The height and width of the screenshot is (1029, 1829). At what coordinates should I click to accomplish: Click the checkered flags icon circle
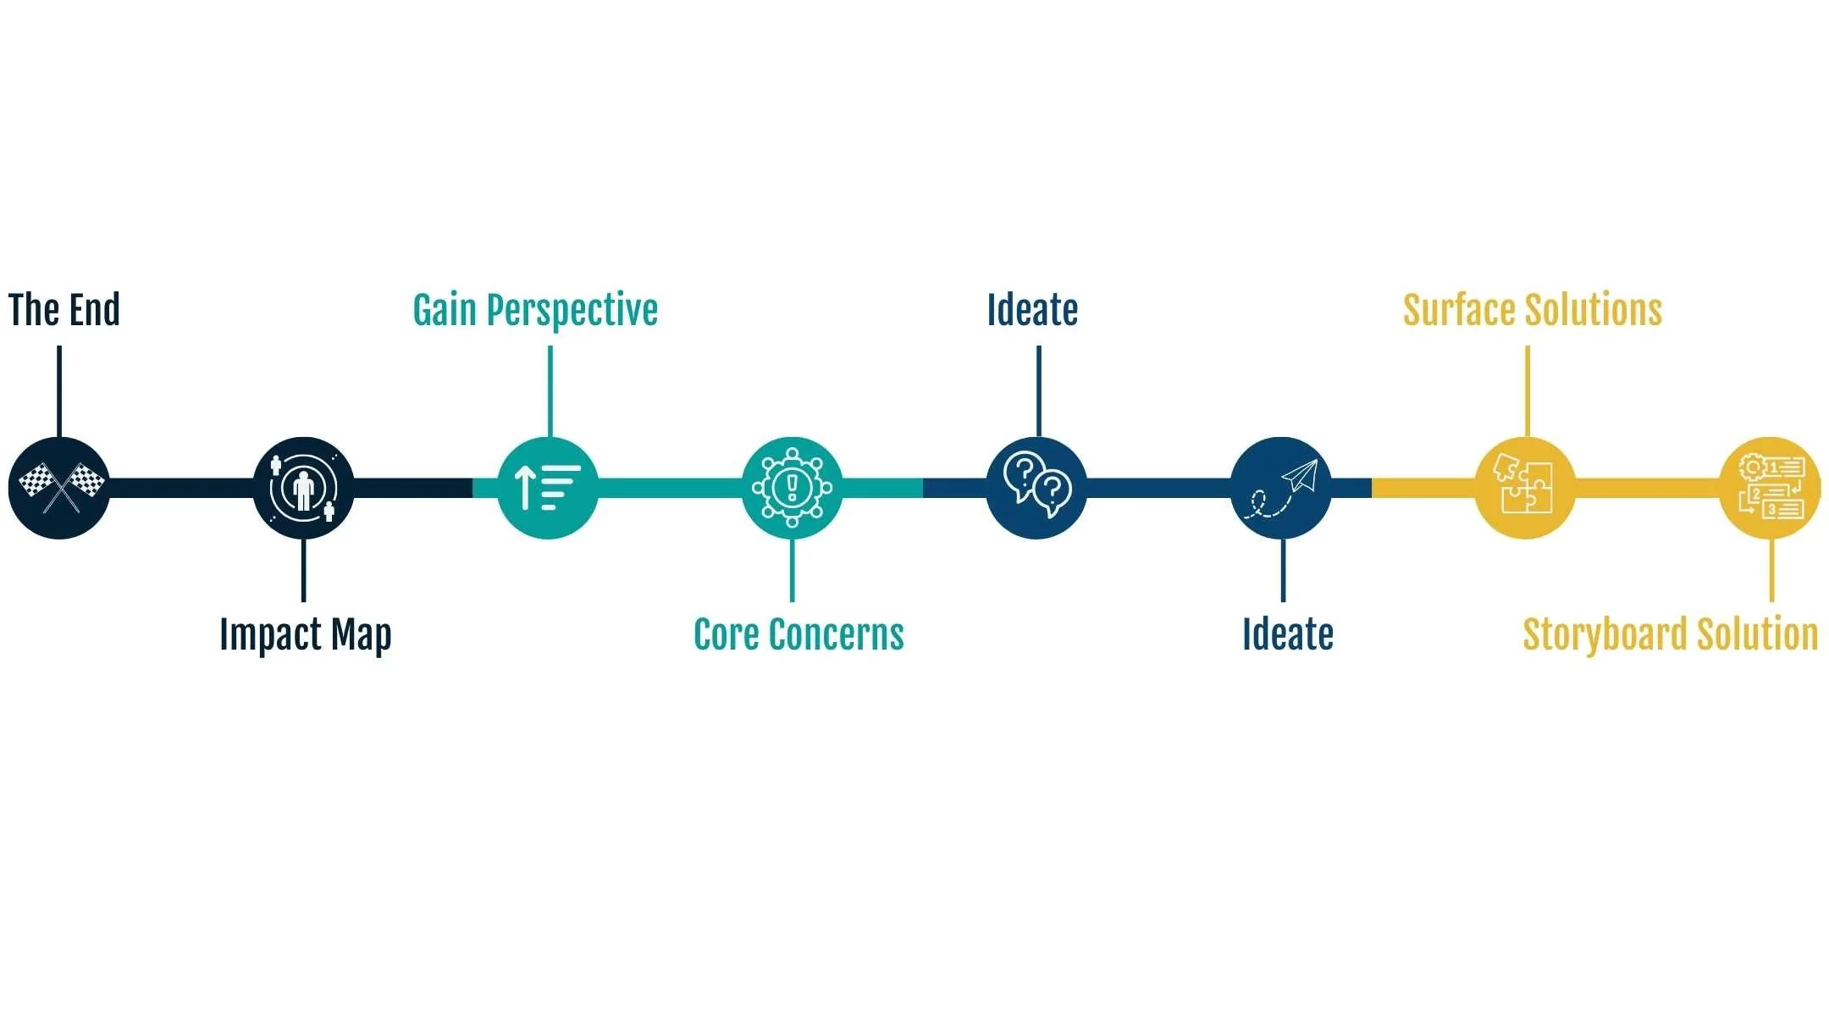59,488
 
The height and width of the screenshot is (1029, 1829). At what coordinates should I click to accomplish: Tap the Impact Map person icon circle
303,488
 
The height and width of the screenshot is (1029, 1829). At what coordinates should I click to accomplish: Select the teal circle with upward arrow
548,488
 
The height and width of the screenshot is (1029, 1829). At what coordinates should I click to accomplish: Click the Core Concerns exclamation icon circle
792,488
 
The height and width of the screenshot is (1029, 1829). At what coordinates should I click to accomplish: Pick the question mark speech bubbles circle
1036,488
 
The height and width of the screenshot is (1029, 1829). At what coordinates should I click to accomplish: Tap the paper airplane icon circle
1280,488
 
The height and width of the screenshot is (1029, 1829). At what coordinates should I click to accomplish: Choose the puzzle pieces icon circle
1525,488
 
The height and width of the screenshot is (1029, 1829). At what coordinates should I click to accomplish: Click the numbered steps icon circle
1770,488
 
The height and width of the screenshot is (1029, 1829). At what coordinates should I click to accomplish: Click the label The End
64,310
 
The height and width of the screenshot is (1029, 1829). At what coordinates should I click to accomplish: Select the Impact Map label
305,635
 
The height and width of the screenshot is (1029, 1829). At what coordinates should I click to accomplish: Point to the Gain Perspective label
535,311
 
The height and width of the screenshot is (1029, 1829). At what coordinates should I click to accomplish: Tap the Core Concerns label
798,635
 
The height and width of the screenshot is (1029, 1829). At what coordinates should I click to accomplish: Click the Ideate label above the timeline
1032,310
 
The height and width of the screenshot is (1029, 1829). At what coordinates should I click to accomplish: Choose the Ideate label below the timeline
1287,635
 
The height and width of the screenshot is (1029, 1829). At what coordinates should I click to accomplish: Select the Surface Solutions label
1532,310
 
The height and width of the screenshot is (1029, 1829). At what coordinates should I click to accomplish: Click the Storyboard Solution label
1670,635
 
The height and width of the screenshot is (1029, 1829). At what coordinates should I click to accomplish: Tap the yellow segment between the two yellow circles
1647,488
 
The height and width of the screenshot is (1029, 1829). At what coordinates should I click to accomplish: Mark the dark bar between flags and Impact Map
181,488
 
